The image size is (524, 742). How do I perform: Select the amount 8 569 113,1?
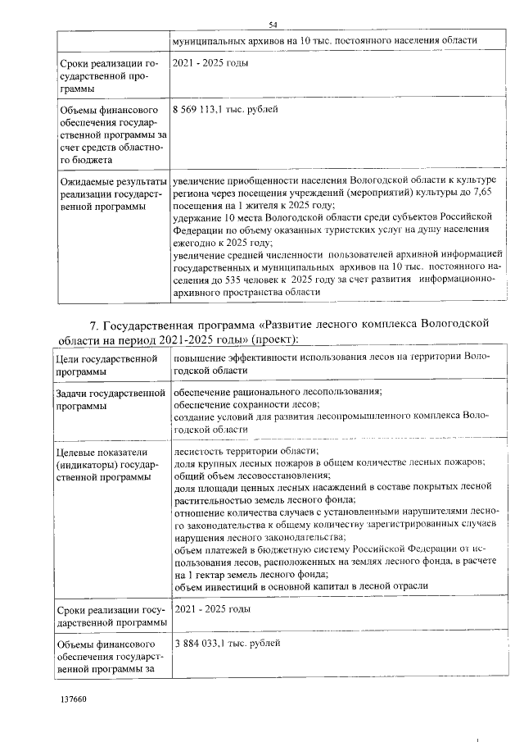click(199, 109)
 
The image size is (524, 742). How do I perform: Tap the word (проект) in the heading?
click(276, 339)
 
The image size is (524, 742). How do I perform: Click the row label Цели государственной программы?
click(106, 365)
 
